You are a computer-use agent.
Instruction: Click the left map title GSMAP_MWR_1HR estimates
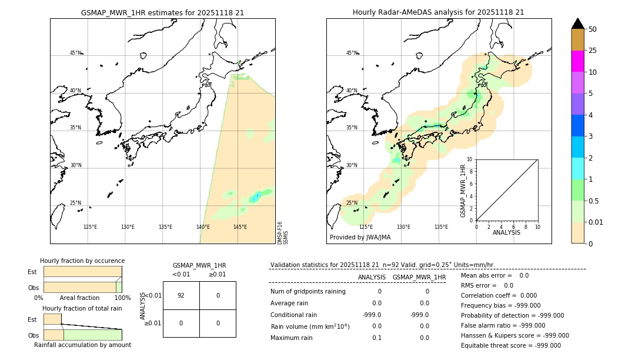pyautogui.click(x=162, y=12)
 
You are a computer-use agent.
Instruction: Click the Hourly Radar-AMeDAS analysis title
pyautogui.click(x=439, y=12)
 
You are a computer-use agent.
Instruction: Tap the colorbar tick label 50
pyautogui.click(x=593, y=29)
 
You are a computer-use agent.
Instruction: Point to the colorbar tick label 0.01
pyautogui.click(x=596, y=222)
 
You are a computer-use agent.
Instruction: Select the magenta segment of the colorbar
pyautogui.click(x=577, y=61)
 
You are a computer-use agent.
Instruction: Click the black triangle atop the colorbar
pyautogui.click(x=577, y=24)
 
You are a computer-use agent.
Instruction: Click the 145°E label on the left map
pyautogui.click(x=240, y=227)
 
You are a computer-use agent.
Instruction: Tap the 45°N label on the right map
pyautogui.click(x=352, y=53)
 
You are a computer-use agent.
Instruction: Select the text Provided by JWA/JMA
pyautogui.click(x=360, y=237)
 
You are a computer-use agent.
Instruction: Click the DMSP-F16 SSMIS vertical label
pyautogui.click(x=283, y=232)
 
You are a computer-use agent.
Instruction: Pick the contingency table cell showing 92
pyautogui.click(x=181, y=295)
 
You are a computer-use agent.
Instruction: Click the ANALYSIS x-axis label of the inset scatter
pyautogui.click(x=506, y=233)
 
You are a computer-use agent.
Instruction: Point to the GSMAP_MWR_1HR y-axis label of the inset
pyautogui.click(x=463, y=191)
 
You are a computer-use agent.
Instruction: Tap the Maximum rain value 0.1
pyautogui.click(x=376, y=338)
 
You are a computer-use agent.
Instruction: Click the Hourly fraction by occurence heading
pyautogui.click(x=82, y=261)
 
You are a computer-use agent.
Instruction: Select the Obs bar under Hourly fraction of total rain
pyautogui.click(x=83, y=335)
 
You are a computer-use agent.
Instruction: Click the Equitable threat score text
pyautogui.click(x=510, y=345)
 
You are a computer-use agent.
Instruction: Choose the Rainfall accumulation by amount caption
pyautogui.click(x=82, y=345)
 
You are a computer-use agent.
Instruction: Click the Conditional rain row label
pyautogui.click(x=294, y=315)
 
